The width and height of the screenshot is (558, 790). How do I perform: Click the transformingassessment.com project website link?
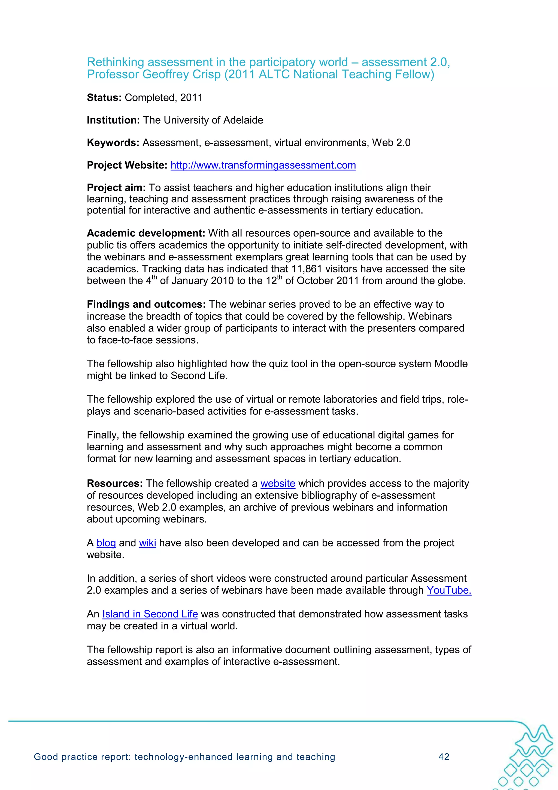pyautogui.click(x=263, y=165)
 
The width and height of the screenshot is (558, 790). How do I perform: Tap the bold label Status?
pyautogui.click(x=104, y=98)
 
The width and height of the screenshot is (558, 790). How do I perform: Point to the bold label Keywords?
pyautogui.click(x=113, y=143)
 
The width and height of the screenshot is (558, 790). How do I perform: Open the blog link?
pyautogui.click(x=106, y=543)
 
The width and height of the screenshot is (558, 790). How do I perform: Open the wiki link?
pyautogui.click(x=147, y=543)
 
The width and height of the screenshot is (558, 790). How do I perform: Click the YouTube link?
pyautogui.click(x=449, y=590)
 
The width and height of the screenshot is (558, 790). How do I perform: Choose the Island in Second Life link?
pyautogui.click(x=150, y=614)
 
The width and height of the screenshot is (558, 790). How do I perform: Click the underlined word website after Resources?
pyautogui.click(x=278, y=483)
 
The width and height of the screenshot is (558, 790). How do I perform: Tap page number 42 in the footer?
pyautogui.click(x=444, y=757)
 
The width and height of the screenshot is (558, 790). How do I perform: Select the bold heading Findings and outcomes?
pyautogui.click(x=146, y=305)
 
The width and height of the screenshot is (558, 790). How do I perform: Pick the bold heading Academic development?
pyautogui.click(x=146, y=233)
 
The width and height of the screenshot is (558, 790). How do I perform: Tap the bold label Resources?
pyautogui.click(x=114, y=483)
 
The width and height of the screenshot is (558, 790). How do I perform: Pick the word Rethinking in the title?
pyautogui.click(x=116, y=62)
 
